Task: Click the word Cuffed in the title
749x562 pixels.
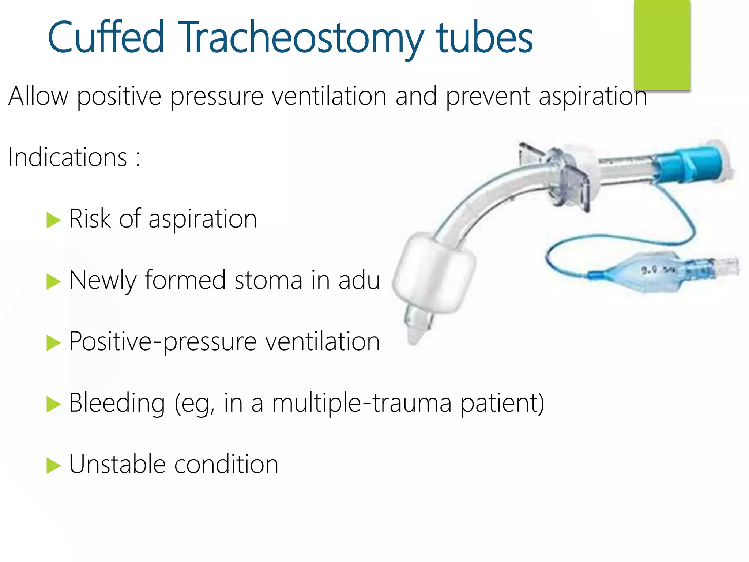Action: click(106, 37)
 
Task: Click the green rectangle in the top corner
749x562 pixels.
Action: click(662, 45)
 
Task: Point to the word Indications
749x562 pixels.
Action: click(68, 157)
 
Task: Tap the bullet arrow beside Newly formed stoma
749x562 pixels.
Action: click(53, 282)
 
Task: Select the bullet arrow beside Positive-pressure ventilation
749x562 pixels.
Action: click(53, 343)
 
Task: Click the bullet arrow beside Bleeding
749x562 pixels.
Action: click(53, 405)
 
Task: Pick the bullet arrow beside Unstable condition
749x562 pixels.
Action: click(53, 466)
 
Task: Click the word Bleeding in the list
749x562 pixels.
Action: click(117, 403)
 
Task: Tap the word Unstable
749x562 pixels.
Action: click(117, 464)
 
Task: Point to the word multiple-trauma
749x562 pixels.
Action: click(362, 403)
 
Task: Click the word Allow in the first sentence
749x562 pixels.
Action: click(38, 96)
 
